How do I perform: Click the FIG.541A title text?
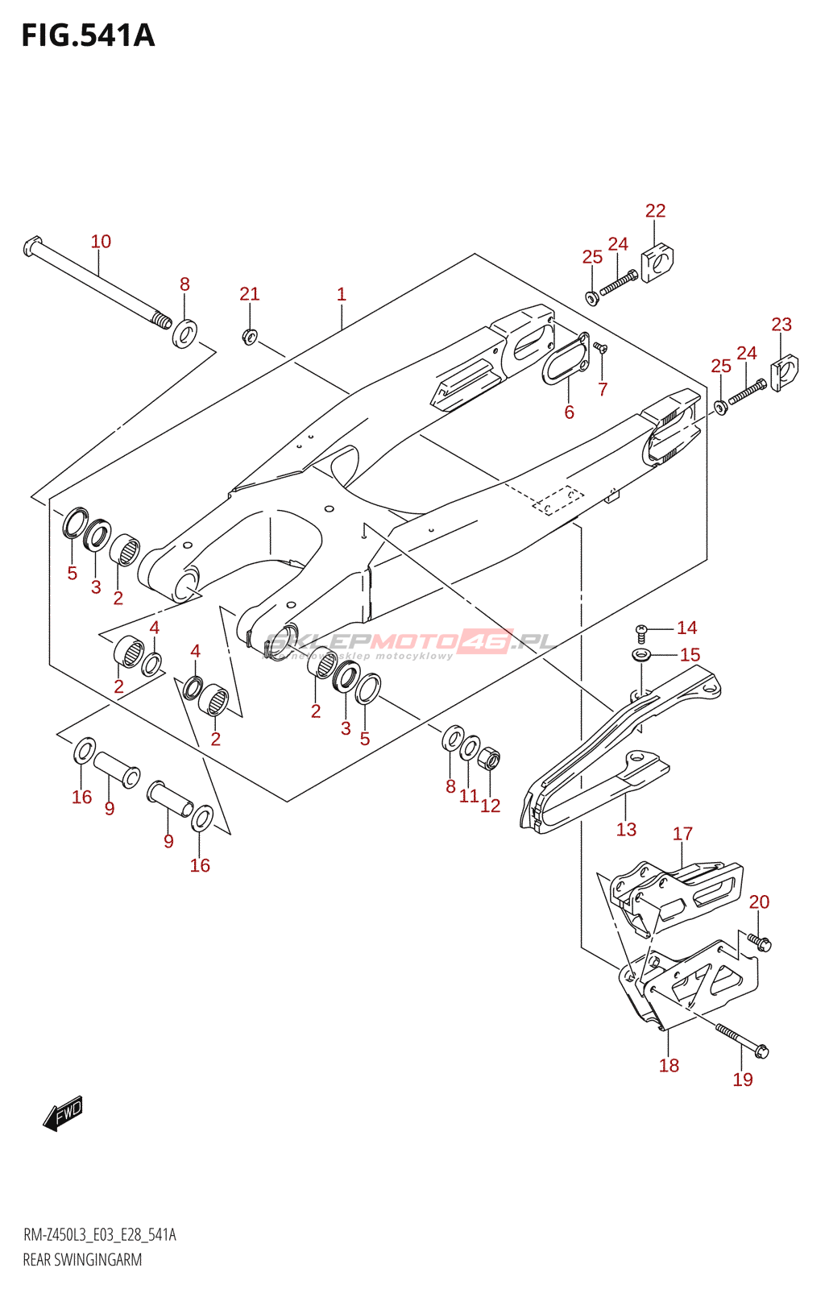pyautogui.click(x=88, y=36)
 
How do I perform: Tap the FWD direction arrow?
pyautogui.click(x=64, y=1113)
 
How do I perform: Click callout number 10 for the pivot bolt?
pyautogui.click(x=101, y=242)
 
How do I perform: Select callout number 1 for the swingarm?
pyautogui.click(x=342, y=295)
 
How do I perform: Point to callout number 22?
pyautogui.click(x=656, y=211)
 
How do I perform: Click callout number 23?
pyautogui.click(x=781, y=325)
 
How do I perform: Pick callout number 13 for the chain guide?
pyautogui.click(x=626, y=830)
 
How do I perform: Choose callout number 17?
pyautogui.click(x=682, y=834)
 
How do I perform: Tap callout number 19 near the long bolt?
pyautogui.click(x=743, y=1080)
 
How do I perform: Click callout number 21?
pyautogui.click(x=250, y=294)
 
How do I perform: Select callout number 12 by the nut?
pyautogui.click(x=491, y=806)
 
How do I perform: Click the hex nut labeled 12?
pyautogui.click(x=489, y=758)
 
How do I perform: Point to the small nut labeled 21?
pyautogui.click(x=250, y=335)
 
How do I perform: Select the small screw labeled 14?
pyautogui.click(x=642, y=631)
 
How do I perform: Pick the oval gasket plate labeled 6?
pyautogui.click(x=565, y=360)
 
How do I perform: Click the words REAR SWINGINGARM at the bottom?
pyautogui.click(x=82, y=1260)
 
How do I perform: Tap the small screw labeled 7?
pyautogui.click(x=600, y=348)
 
